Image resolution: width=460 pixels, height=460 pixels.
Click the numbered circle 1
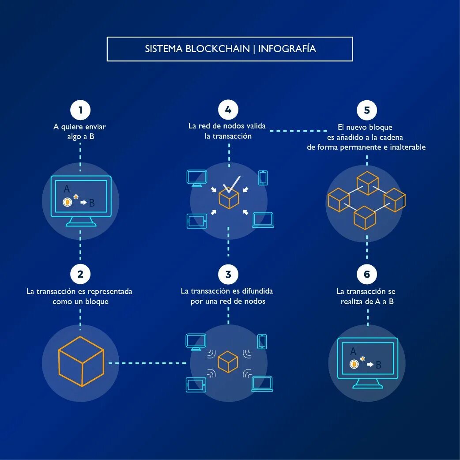coord(80,110)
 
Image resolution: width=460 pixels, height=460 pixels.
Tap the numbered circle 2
coord(80,274)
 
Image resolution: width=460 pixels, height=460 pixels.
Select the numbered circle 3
coord(228,274)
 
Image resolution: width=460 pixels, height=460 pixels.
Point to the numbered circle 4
coord(228,110)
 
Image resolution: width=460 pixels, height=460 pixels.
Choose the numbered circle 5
coord(367,110)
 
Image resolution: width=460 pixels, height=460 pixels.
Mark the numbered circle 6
coord(367,274)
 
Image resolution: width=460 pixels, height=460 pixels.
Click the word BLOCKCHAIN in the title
coord(218,49)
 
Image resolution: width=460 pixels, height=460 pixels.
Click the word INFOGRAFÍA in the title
coord(287,49)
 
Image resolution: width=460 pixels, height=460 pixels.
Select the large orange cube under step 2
coord(81,361)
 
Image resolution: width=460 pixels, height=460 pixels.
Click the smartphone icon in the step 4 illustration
coord(263,177)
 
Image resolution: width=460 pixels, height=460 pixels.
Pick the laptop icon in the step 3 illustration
coord(262,384)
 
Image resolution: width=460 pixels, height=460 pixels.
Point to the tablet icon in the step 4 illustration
coord(196,221)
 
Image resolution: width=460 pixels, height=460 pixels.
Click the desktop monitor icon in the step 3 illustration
coord(196,341)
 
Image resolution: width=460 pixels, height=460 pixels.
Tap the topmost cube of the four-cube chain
coord(367,183)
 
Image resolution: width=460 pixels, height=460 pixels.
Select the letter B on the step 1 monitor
coord(92,203)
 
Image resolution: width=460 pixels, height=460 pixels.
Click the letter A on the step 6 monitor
coord(353,351)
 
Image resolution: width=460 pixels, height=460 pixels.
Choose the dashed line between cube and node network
coord(147,363)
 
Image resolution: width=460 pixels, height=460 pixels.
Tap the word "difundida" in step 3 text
coord(257,291)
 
